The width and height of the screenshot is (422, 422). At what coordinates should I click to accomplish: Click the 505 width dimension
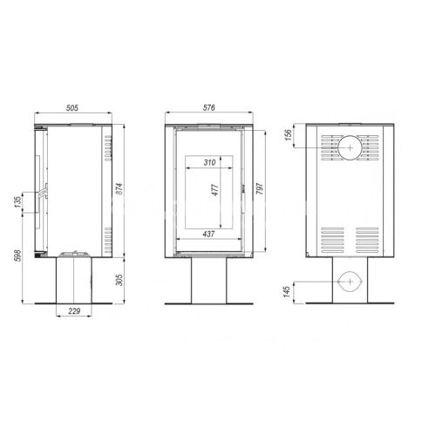click(72, 108)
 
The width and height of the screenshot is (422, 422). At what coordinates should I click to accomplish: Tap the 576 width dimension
click(208, 107)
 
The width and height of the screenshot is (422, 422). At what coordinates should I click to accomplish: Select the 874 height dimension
click(119, 189)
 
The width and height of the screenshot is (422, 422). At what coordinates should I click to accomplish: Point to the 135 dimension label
click(18, 202)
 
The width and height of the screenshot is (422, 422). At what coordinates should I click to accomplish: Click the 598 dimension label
click(18, 255)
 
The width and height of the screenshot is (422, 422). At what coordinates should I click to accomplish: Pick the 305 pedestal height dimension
click(119, 280)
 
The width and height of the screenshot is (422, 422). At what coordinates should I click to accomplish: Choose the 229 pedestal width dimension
click(74, 311)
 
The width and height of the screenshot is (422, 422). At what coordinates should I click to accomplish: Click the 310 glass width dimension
click(209, 162)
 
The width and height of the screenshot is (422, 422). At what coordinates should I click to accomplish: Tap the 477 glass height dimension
click(215, 190)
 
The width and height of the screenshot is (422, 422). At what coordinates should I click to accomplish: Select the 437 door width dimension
click(208, 234)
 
